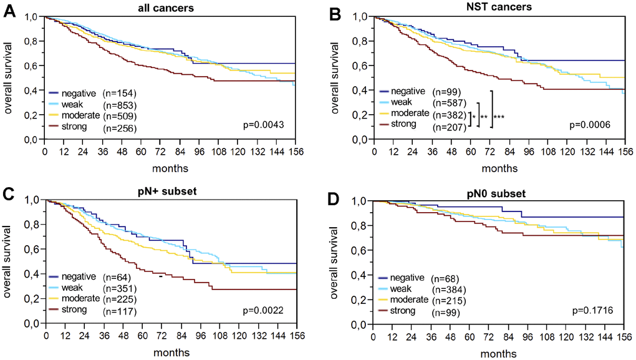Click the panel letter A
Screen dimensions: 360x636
pyautogui.click(x=9, y=11)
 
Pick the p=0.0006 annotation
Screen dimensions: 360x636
pyautogui.click(x=589, y=126)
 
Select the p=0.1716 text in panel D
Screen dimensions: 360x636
pyautogui.click(x=589, y=311)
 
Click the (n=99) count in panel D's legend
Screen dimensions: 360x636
pyautogui.click(x=445, y=313)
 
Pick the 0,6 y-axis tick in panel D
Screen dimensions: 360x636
pyautogui.click(x=360, y=250)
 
